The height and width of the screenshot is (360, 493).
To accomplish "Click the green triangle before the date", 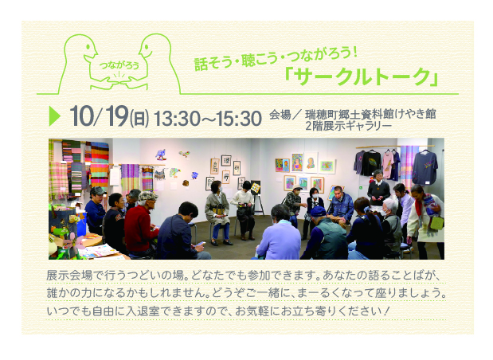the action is (x=54, y=116).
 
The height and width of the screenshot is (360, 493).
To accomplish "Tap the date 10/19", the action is (x=100, y=116).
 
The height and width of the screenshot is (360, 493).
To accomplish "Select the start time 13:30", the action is (x=177, y=119).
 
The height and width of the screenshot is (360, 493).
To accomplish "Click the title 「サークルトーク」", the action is (x=362, y=76).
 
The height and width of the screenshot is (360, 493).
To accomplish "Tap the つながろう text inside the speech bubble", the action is (x=119, y=65).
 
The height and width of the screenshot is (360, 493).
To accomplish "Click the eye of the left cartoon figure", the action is (x=88, y=46).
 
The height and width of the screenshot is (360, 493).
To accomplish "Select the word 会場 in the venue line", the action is (x=280, y=115).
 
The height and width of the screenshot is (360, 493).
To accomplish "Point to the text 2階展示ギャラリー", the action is (x=348, y=126).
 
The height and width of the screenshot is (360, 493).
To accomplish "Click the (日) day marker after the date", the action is (x=139, y=119).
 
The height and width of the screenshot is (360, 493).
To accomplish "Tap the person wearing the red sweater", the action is (x=141, y=224).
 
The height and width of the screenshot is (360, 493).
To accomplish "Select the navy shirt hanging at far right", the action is (x=425, y=167).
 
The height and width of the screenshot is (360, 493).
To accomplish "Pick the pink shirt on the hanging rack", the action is (x=388, y=164).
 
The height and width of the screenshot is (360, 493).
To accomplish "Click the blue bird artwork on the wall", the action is (x=161, y=155).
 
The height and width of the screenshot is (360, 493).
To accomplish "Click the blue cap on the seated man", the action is (x=319, y=211).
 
